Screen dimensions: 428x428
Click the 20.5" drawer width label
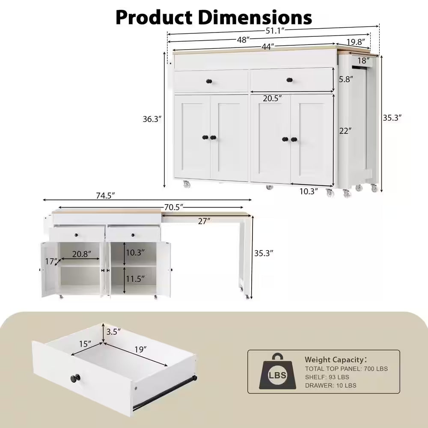tap(272, 98)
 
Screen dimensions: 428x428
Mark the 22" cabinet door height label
tap(345, 131)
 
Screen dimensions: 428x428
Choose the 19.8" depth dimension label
tap(355, 42)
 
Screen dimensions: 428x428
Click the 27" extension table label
tap(204, 221)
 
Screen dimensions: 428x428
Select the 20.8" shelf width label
tap(81, 254)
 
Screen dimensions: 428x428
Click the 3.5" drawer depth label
tap(113, 331)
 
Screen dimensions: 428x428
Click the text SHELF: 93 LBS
tap(327, 377)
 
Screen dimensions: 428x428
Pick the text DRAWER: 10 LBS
tap(330, 385)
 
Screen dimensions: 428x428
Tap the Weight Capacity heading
tap(335, 360)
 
